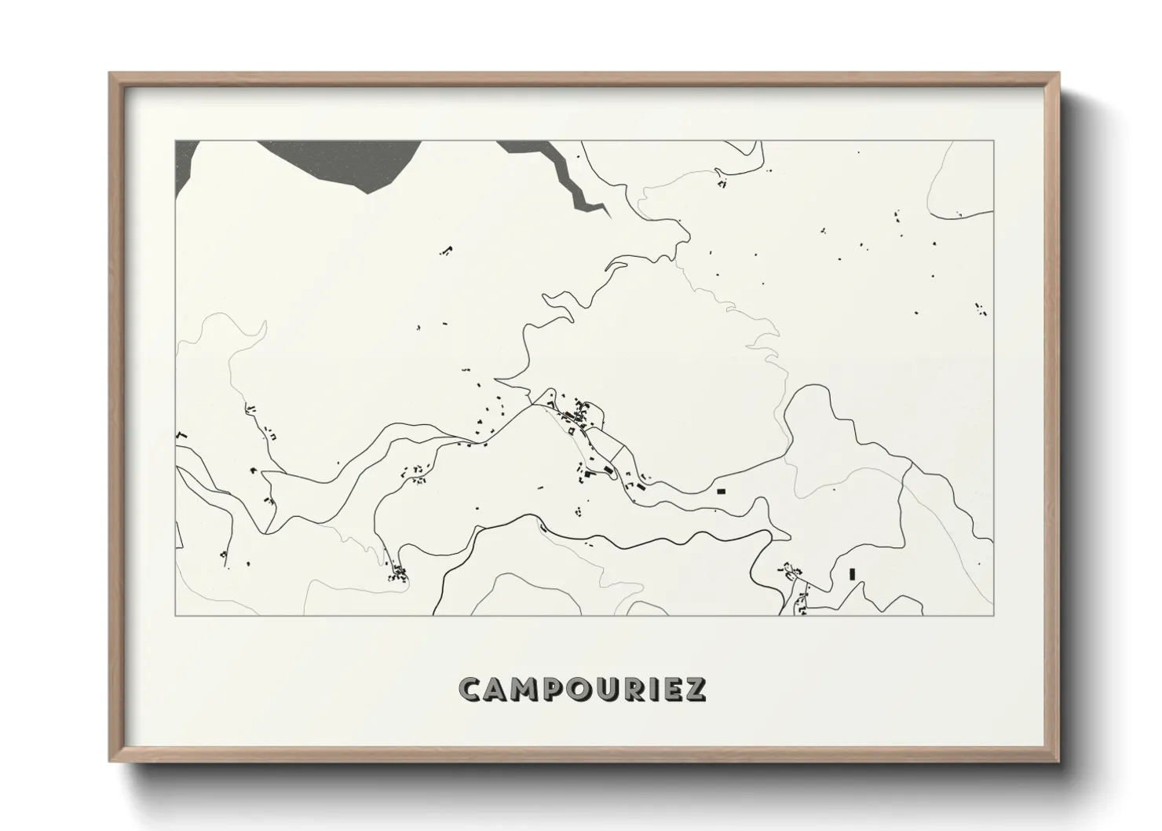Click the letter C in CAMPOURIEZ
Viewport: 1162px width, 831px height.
472,689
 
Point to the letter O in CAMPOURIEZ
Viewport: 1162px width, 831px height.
578,689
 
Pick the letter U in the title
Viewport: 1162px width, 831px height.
605,689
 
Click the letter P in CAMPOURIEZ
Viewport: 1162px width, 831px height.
553,689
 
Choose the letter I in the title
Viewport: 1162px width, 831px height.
650,689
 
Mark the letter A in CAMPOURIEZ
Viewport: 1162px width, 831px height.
498,689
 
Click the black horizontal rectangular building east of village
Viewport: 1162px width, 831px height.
722,491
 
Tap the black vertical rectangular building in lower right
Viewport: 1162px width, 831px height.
852,573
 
